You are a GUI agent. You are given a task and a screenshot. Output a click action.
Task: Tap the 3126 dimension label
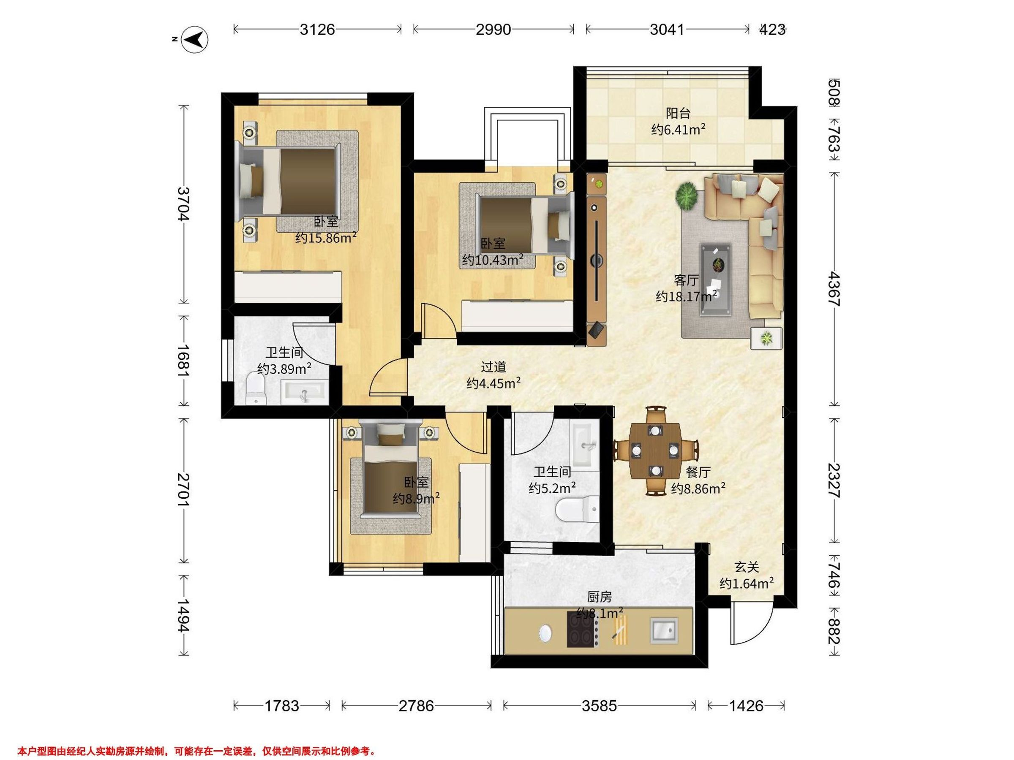click(x=317, y=30)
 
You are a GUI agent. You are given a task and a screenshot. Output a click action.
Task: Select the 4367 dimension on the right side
click(x=834, y=289)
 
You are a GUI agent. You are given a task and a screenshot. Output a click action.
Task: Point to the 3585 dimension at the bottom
click(x=599, y=706)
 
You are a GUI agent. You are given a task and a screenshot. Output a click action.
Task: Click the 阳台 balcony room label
click(x=678, y=113)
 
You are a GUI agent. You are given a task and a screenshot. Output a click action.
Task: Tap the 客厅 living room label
click(x=686, y=280)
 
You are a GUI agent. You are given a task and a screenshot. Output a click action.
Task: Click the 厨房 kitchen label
click(x=599, y=597)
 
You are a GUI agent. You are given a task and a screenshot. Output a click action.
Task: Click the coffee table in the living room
click(x=716, y=280)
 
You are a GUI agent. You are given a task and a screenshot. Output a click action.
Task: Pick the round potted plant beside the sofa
click(x=687, y=195)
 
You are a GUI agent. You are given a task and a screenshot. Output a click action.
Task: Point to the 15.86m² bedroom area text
click(x=326, y=238)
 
